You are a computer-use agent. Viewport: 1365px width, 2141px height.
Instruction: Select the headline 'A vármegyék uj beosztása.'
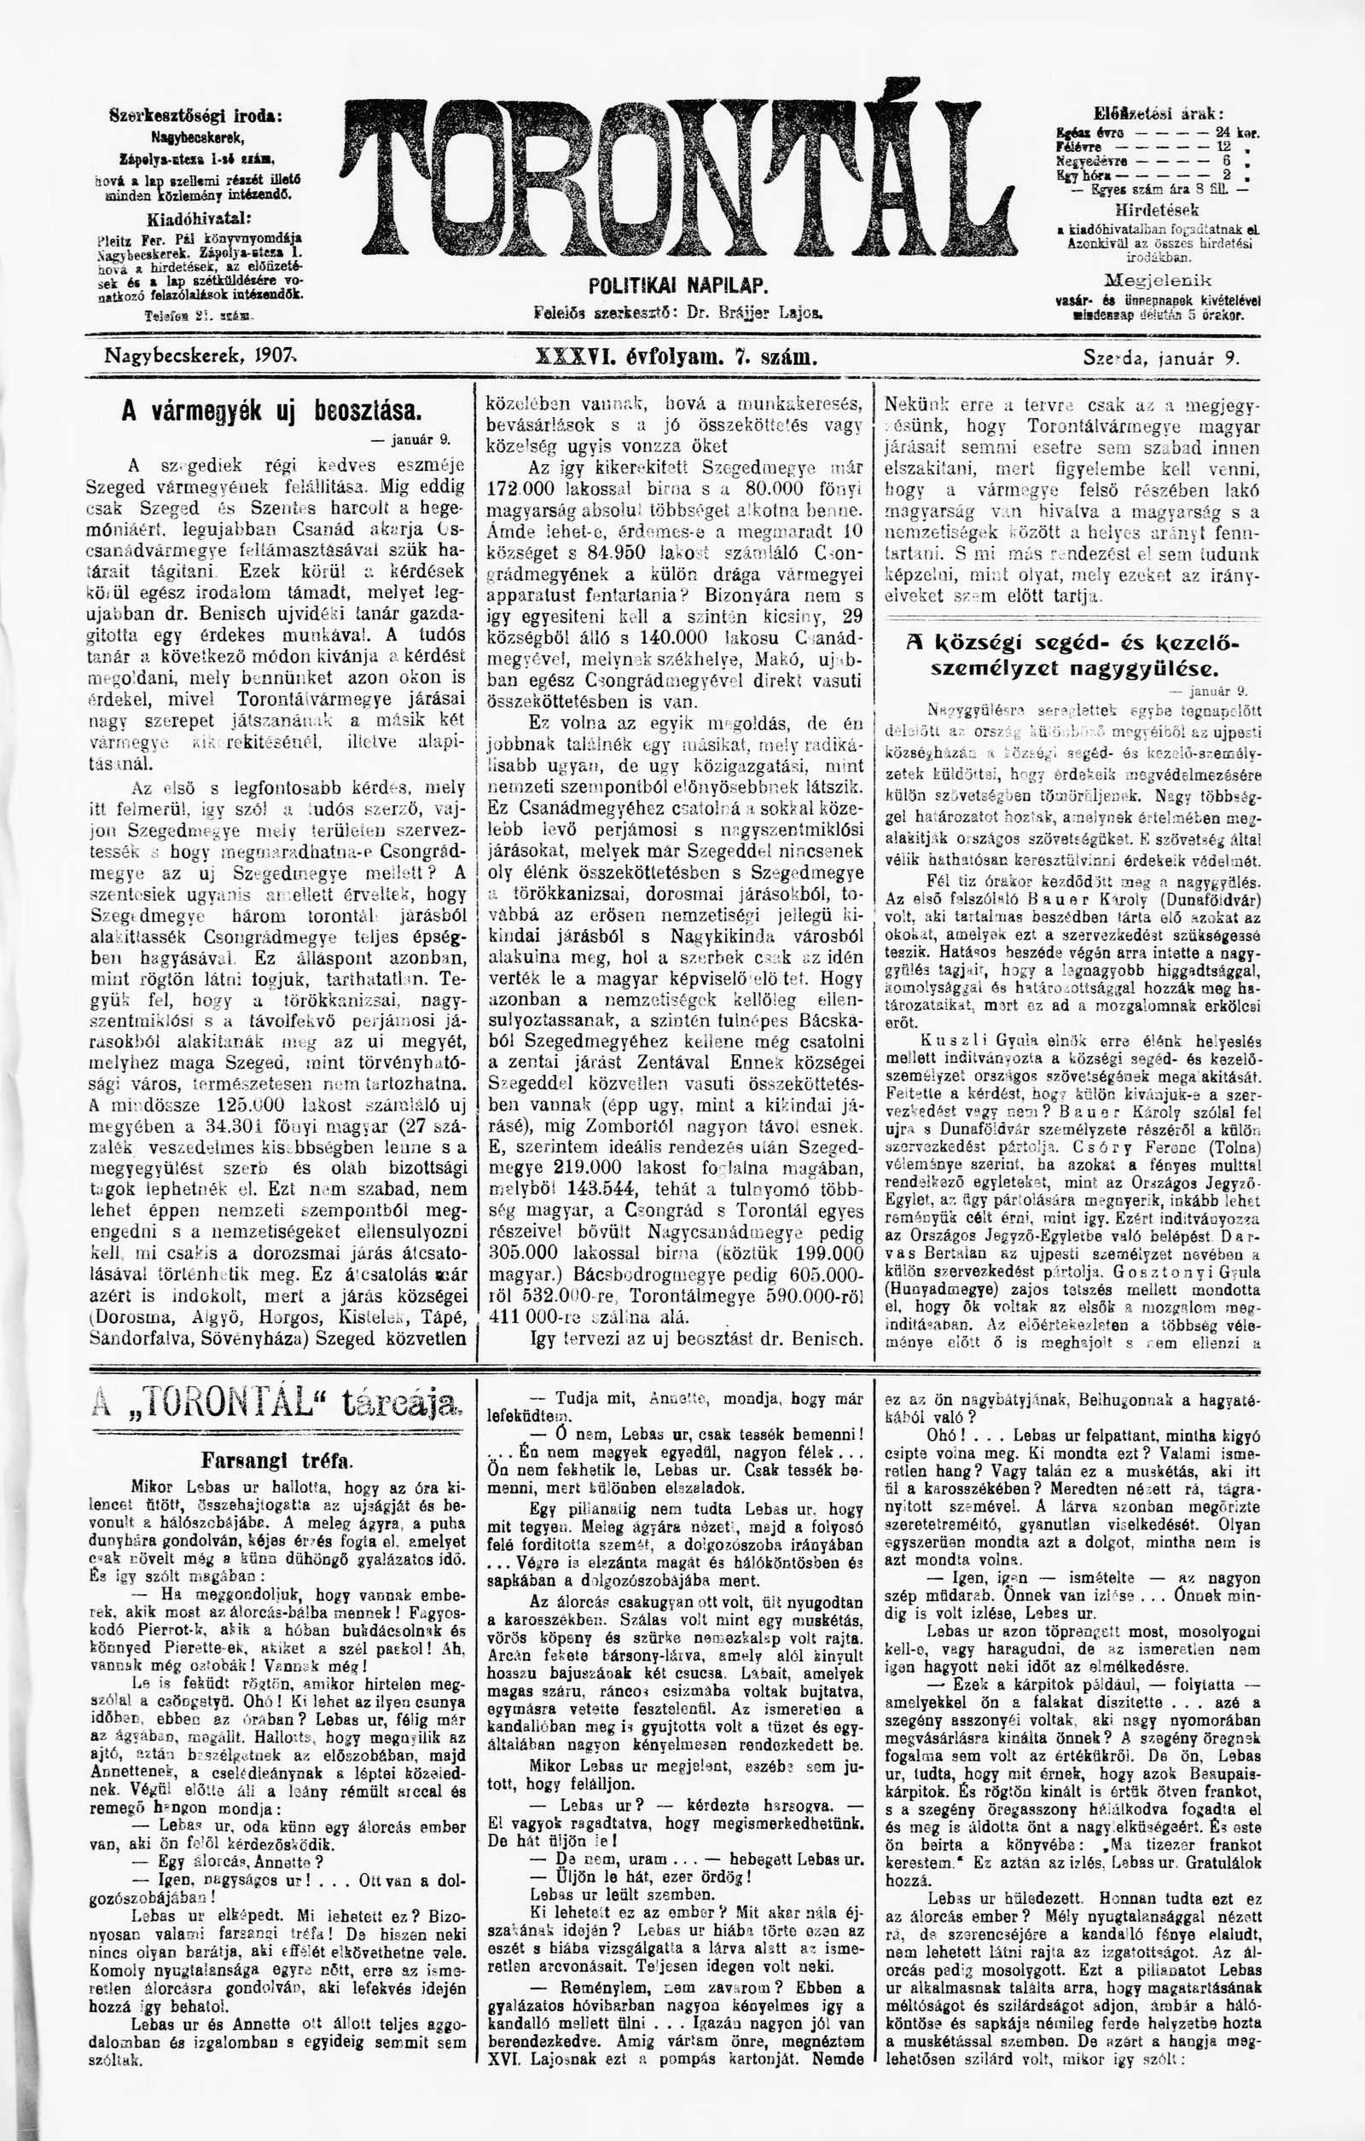[270, 411]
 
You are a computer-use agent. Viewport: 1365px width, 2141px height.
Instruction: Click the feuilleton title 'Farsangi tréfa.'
[276, 1460]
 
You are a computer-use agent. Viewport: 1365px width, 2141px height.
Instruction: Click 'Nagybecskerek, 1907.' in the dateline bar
[201, 357]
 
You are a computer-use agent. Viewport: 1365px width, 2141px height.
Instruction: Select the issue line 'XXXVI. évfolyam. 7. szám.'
[677, 357]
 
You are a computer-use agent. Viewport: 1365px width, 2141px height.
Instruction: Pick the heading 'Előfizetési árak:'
[1159, 113]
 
